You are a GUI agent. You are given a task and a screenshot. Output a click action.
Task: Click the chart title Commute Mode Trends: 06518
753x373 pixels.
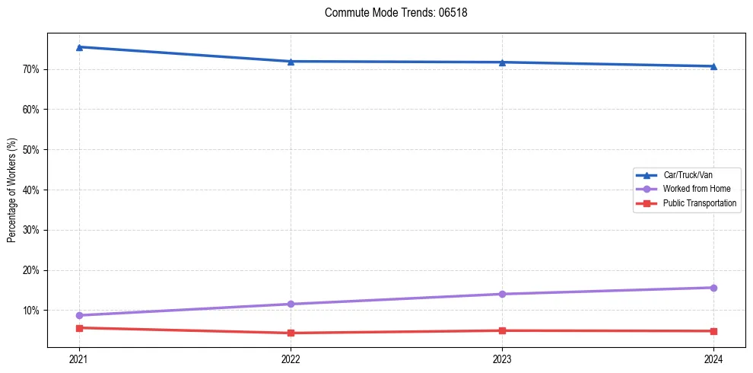pyautogui.click(x=390, y=13)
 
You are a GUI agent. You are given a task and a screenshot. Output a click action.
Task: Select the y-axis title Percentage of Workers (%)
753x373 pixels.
pyautogui.click(x=12, y=190)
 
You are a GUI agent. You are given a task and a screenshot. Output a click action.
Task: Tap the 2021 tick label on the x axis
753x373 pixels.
pyautogui.click(x=79, y=359)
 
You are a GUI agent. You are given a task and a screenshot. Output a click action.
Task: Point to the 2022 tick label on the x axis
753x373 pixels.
pyautogui.click(x=291, y=359)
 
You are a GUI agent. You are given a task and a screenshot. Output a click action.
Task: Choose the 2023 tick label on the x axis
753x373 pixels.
pyautogui.click(x=502, y=359)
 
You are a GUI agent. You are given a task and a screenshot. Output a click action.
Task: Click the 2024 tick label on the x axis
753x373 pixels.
pyautogui.click(x=713, y=359)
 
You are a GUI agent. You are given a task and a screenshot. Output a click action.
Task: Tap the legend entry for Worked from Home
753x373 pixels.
pyautogui.click(x=696, y=189)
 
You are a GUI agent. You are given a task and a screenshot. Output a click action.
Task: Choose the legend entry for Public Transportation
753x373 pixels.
pyautogui.click(x=699, y=203)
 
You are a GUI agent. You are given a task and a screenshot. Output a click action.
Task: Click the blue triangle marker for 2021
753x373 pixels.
pyautogui.click(x=79, y=47)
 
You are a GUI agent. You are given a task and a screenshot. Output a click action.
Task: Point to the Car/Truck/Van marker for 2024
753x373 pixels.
pyautogui.click(x=713, y=66)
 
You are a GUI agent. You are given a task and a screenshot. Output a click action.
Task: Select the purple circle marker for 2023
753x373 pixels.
pyautogui.click(x=502, y=294)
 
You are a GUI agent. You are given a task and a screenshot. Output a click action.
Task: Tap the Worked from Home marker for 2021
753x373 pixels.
pyautogui.click(x=79, y=315)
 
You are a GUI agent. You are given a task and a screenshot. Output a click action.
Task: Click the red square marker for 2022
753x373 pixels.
pyautogui.click(x=291, y=333)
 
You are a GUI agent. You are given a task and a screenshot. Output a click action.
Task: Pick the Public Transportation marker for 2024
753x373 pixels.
pyautogui.click(x=713, y=331)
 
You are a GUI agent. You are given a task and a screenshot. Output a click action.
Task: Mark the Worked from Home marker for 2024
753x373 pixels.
pyautogui.click(x=713, y=288)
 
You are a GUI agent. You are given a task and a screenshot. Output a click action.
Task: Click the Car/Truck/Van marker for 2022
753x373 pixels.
pyautogui.click(x=291, y=62)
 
